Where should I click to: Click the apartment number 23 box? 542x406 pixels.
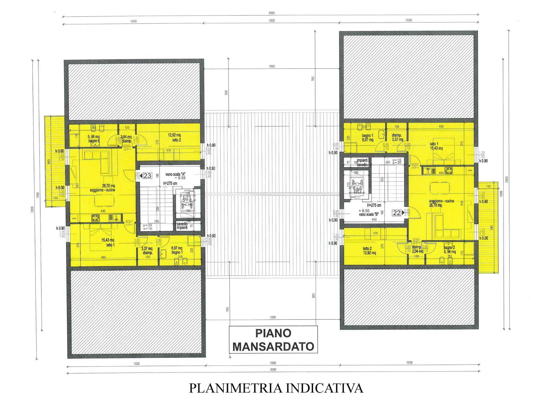(x=147, y=176)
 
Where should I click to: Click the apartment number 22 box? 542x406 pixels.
(x=397, y=213)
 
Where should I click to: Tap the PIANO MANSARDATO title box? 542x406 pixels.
(x=273, y=340)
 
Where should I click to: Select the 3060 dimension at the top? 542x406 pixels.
(x=272, y=13)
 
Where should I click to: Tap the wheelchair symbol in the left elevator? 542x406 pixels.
(x=185, y=200)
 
